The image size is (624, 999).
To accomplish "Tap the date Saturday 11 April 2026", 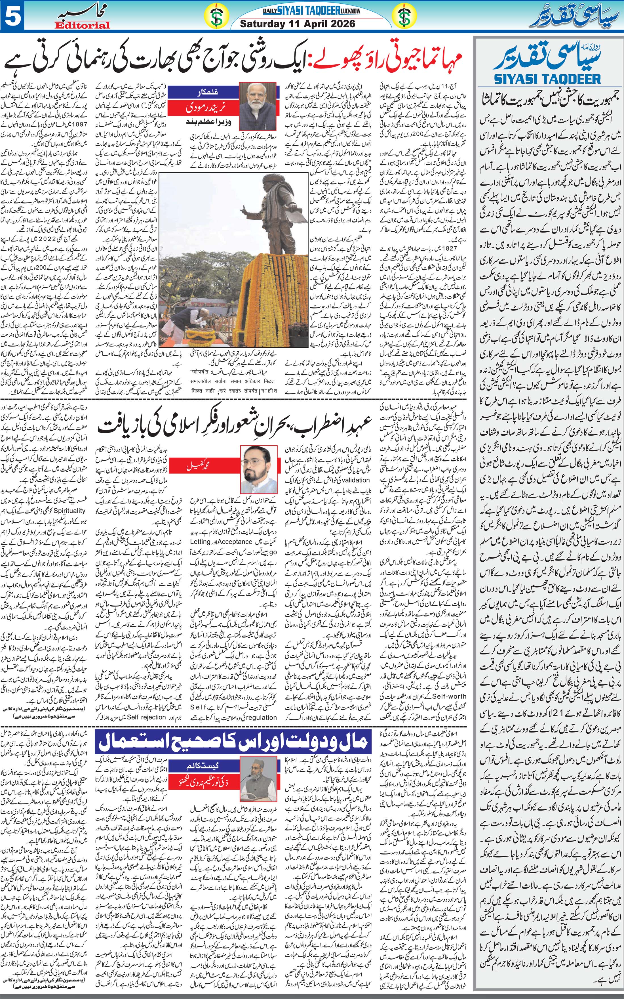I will point(297,24).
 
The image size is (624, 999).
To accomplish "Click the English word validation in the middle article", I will point(352,480).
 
